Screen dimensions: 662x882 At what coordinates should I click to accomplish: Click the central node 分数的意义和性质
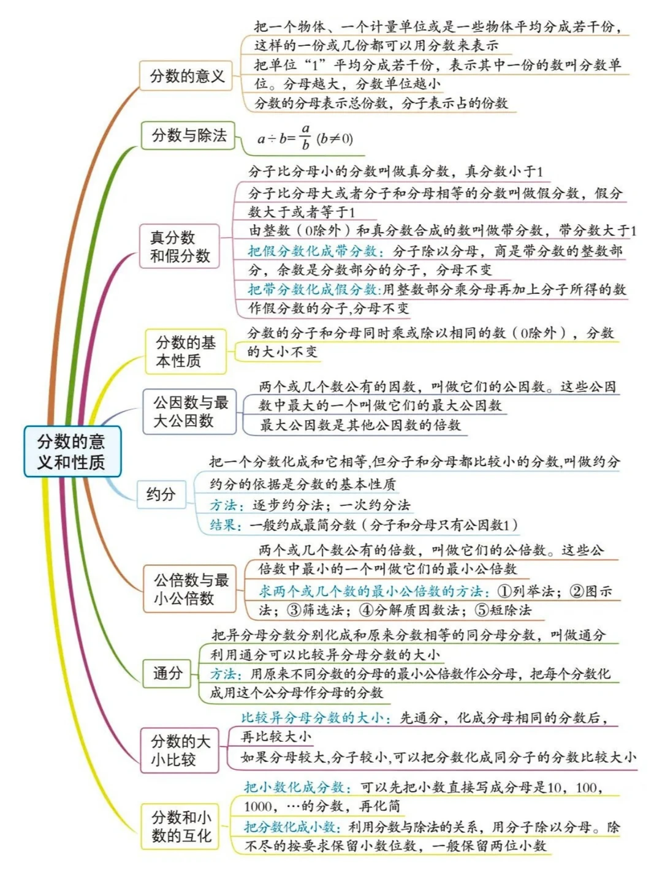tap(72, 451)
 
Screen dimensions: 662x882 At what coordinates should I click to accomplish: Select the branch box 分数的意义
tap(186, 76)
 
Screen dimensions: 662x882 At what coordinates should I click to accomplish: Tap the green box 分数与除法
tap(188, 135)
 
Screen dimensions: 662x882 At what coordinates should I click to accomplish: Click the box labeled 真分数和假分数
tap(180, 246)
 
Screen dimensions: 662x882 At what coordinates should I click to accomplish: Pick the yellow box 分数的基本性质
tap(185, 352)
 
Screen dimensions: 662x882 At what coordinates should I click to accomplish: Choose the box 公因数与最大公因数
tap(189, 412)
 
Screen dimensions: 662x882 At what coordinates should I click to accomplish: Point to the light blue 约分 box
tap(161, 494)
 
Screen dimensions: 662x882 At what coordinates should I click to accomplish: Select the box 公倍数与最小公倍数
tap(190, 589)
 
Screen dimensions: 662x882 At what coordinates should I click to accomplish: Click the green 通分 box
tap(167, 674)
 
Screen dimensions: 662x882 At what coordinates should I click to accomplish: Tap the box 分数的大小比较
tap(180, 750)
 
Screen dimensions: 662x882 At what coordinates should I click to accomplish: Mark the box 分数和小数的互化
tap(181, 826)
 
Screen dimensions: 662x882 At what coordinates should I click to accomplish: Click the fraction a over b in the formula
tap(305, 137)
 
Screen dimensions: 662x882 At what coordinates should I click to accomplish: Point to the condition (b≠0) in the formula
tap(335, 139)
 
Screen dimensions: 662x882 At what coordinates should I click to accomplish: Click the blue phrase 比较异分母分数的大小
tap(313, 718)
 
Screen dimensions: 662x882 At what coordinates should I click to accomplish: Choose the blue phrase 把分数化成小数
tap(291, 827)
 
